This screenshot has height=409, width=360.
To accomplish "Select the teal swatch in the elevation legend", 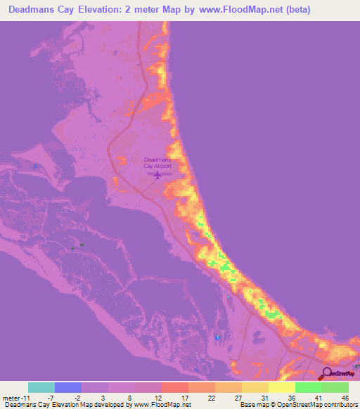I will click(41, 387).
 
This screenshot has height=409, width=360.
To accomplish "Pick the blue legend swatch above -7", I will click(68, 387).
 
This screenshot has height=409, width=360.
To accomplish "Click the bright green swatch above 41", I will click(309, 387).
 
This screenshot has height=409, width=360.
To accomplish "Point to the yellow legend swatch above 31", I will click(255, 387).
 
